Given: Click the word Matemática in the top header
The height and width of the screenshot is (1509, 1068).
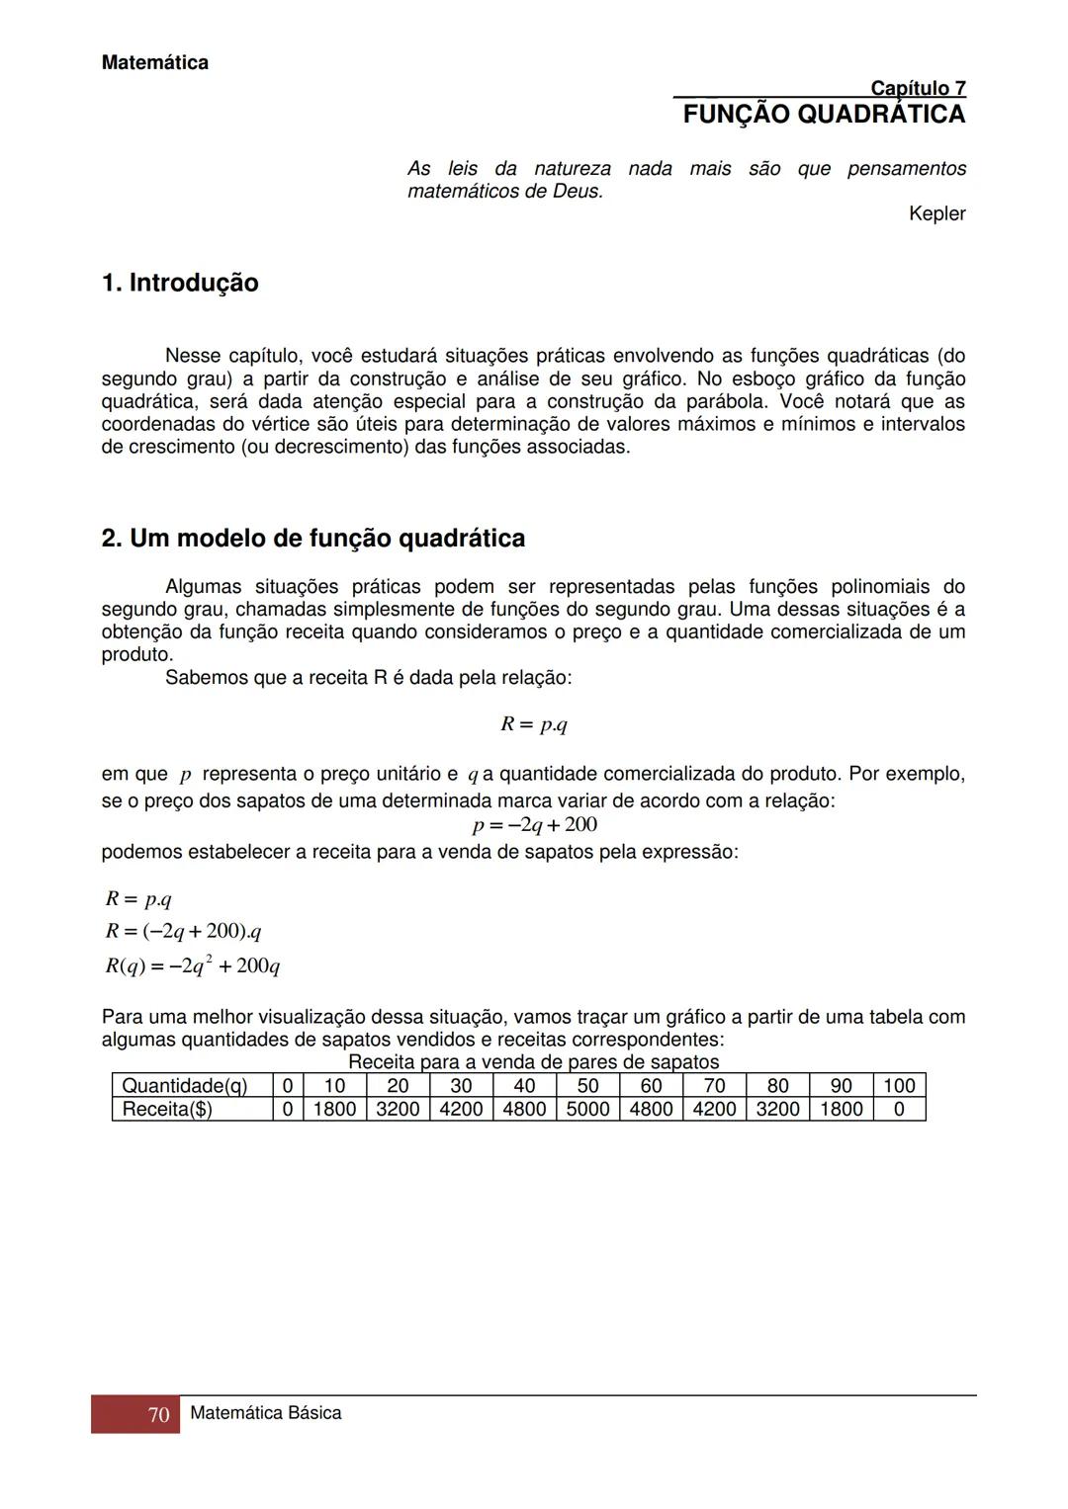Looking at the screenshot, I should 154,63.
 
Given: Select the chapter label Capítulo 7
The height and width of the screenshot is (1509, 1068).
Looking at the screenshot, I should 917,89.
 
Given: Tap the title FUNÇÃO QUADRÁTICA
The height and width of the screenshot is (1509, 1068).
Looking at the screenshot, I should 824,115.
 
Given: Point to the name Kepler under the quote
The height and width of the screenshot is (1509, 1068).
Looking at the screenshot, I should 936,213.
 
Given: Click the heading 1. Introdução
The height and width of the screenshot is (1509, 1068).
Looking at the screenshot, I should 180,284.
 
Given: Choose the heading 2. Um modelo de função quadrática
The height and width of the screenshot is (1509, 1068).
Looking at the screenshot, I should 313,539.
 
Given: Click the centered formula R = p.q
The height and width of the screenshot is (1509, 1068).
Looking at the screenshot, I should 533,724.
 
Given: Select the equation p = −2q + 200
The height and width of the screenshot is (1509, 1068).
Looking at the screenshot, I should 534,825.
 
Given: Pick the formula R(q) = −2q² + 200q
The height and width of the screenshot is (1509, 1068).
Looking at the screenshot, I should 193,965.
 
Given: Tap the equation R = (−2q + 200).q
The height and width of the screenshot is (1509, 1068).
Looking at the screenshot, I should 184,932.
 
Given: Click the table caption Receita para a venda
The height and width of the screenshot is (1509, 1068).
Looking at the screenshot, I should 533,1062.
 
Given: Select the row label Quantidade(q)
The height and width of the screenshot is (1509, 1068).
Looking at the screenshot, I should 184,1086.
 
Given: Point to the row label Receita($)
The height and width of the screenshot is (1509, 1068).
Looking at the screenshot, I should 167,1109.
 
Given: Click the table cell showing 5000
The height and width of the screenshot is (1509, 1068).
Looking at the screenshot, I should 587,1109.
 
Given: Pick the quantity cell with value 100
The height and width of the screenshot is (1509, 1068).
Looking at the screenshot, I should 898,1086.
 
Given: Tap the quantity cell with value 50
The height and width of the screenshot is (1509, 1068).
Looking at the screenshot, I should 587,1086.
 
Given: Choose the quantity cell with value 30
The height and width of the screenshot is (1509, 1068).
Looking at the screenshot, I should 461,1086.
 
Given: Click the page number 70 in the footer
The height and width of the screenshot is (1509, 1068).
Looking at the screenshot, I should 158,1415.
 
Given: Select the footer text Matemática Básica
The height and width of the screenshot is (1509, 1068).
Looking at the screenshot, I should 265,1413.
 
